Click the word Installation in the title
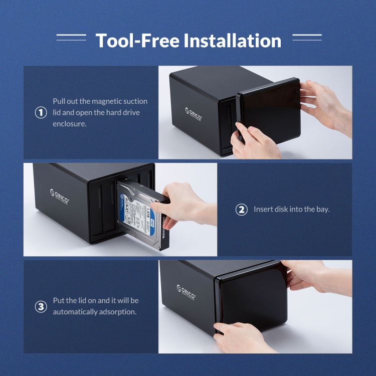[232, 40]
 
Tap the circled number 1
[41, 113]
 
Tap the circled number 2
[242, 209]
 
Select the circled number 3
[41, 306]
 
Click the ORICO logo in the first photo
[194, 113]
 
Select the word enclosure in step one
[70, 123]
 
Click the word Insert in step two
[263, 209]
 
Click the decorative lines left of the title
[71, 37]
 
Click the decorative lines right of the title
[306, 37]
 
